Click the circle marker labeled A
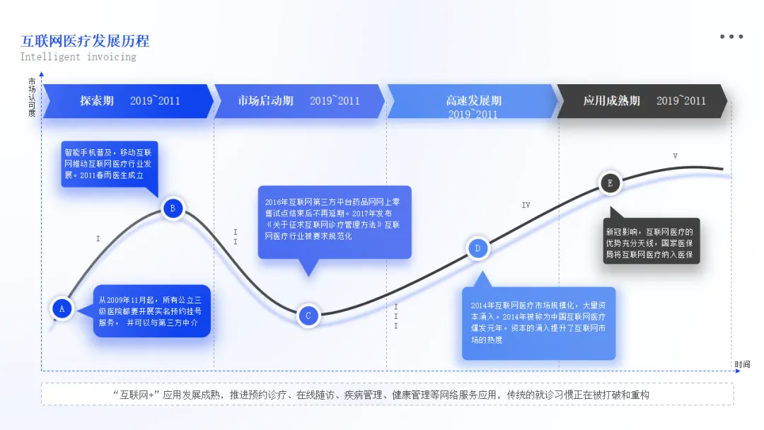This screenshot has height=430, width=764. (62, 308)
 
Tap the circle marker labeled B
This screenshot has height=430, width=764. (173, 208)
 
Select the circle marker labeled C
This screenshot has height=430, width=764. (308, 315)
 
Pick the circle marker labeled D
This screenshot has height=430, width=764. (477, 248)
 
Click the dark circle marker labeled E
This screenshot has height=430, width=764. (610, 183)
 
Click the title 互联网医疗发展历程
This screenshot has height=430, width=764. (85, 41)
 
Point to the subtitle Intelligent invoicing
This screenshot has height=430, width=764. (78, 57)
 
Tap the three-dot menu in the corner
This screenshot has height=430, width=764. (731, 37)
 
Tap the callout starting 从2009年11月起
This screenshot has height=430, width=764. (152, 311)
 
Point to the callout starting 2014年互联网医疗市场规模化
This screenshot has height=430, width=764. (538, 322)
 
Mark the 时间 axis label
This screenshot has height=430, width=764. (741, 364)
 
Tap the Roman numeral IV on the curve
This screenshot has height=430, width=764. (526, 205)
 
